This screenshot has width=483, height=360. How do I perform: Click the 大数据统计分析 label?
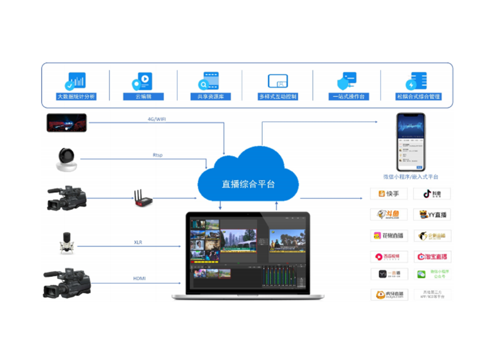(76, 97)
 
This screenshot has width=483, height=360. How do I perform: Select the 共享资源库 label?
(211, 97)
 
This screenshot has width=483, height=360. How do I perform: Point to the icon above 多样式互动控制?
(278, 81)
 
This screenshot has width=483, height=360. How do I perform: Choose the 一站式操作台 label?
(348, 97)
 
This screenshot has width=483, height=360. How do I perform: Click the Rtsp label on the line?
(157, 155)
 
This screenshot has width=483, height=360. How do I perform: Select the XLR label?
(140, 242)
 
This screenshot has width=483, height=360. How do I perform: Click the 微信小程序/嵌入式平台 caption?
(411, 177)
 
